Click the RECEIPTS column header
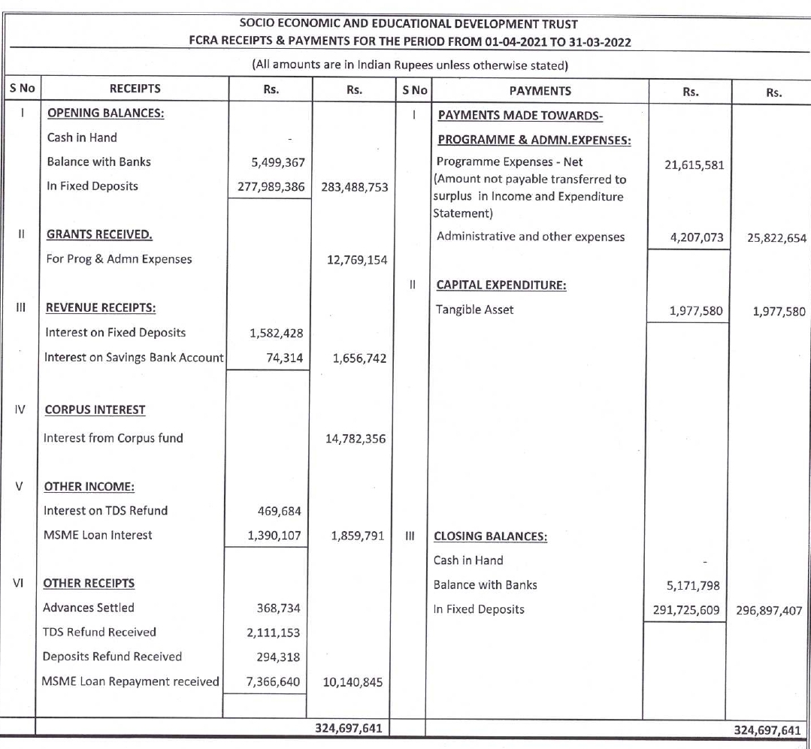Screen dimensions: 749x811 tap(135, 89)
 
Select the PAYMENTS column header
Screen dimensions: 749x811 tap(540, 91)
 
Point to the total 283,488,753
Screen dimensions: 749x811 tap(354, 187)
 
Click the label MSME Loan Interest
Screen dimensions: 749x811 tap(98, 535)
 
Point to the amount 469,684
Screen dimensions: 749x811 tap(279, 512)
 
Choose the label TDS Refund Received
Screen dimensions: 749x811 tap(99, 632)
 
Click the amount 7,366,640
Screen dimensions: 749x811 tap(274, 681)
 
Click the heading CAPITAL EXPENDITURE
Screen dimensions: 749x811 tap(501, 285)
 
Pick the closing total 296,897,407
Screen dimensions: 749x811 tap(768, 610)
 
